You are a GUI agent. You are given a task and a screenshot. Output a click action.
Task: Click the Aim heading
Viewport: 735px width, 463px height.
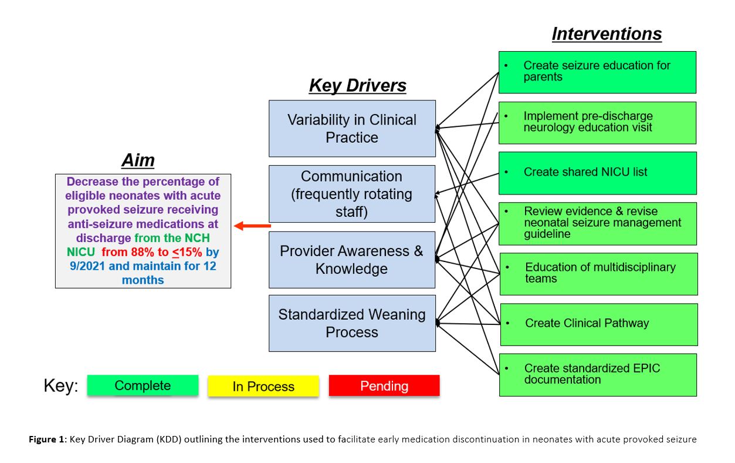pyautogui.click(x=138, y=160)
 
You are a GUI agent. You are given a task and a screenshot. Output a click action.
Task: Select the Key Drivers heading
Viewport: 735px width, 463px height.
pyautogui.click(x=357, y=86)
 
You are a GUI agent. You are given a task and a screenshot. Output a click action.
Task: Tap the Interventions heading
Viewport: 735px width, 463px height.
pyautogui.click(x=607, y=34)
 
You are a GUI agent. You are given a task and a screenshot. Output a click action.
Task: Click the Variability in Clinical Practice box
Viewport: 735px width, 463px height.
pyautogui.click(x=352, y=129)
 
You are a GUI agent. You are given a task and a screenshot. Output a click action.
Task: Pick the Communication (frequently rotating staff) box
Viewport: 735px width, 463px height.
pyautogui.click(x=352, y=194)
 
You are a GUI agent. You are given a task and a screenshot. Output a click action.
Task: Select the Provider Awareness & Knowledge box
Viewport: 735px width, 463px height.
pyautogui.click(x=352, y=260)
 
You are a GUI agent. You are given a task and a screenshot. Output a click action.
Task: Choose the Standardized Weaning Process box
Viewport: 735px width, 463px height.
pyautogui.click(x=352, y=323)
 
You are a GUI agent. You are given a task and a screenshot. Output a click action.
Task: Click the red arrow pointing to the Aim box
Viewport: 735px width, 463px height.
pyautogui.click(x=252, y=226)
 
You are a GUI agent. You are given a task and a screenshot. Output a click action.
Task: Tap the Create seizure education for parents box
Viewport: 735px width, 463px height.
pyautogui.click(x=597, y=72)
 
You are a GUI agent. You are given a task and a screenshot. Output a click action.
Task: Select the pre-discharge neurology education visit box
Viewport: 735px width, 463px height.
pyautogui.click(x=597, y=122)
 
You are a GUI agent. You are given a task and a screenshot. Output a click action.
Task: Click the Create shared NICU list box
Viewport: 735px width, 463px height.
pyautogui.click(x=597, y=173)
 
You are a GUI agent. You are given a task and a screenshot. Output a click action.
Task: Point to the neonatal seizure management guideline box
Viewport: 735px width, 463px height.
pyautogui.click(x=597, y=223)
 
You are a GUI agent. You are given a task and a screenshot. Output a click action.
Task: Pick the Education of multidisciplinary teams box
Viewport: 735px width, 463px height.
pyautogui.click(x=598, y=274)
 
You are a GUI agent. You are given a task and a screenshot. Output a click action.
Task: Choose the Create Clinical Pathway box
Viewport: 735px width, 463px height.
pyautogui.click(x=598, y=324)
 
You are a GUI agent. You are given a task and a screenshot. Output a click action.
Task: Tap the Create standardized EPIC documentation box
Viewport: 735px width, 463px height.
pyautogui.click(x=598, y=374)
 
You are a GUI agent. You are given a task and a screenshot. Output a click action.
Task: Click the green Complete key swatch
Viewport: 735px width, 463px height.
pyautogui.click(x=143, y=385)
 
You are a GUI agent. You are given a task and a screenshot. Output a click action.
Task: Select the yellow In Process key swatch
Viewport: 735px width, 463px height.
pyautogui.click(x=263, y=386)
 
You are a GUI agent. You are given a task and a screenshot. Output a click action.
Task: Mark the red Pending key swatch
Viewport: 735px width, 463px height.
pyautogui.click(x=384, y=386)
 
